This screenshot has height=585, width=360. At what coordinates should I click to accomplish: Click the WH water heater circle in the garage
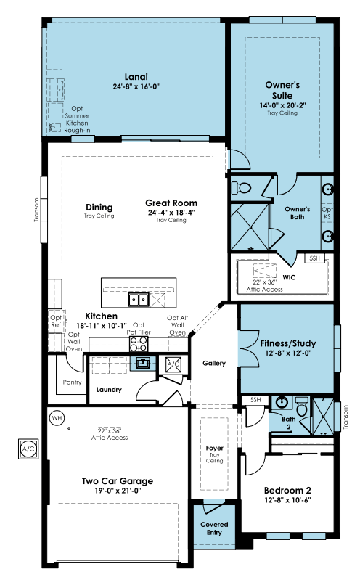(57, 418)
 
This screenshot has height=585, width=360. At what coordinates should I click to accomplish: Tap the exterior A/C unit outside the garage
(28, 449)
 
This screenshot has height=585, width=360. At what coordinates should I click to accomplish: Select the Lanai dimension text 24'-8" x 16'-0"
(136, 86)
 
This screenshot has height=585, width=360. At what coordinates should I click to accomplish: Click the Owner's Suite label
(282, 90)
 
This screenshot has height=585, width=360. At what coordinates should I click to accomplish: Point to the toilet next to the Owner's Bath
(241, 187)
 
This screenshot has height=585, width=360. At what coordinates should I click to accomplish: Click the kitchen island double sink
(139, 300)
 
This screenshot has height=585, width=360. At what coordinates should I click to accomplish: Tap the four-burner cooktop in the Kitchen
(139, 344)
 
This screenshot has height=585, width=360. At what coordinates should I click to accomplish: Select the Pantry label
(72, 382)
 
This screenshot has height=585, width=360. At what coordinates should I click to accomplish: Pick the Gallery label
(214, 363)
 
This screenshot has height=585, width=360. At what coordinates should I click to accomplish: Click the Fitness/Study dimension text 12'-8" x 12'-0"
(288, 353)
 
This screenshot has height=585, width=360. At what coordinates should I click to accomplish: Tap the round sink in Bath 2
(281, 403)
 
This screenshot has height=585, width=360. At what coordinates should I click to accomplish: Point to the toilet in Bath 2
(300, 406)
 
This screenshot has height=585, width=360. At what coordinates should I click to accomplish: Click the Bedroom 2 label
(287, 490)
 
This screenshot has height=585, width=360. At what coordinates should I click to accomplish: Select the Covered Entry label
(214, 528)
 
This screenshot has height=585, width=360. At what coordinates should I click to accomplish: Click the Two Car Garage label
(118, 481)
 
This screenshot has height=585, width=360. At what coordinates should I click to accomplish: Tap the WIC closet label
(289, 277)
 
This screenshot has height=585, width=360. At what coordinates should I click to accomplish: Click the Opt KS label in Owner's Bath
(327, 213)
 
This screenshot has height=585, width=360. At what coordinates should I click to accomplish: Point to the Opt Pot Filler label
(139, 329)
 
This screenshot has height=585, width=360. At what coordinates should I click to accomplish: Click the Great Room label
(171, 203)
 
